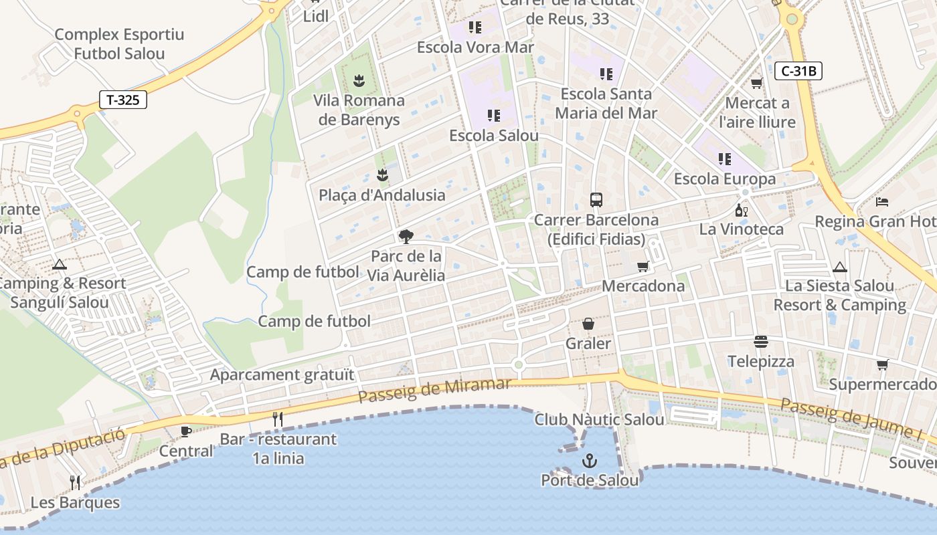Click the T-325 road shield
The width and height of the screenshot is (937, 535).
point(123,100)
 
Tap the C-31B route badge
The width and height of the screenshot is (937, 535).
point(798,71)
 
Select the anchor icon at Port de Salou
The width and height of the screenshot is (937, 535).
point(590,460)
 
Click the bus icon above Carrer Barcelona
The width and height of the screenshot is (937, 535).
point(596,199)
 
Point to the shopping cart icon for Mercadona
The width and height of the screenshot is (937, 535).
point(643,267)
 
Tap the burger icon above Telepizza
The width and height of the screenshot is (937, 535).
point(761,342)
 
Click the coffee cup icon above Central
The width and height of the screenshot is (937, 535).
point(186,431)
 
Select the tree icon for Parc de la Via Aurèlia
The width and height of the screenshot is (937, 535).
point(406,236)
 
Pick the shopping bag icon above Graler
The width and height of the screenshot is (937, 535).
point(588,324)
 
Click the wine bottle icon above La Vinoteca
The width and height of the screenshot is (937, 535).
point(741,210)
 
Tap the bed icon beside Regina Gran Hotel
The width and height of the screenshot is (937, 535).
point(882,201)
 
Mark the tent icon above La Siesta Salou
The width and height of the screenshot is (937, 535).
point(839,267)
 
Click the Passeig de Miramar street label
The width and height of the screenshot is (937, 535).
point(434,391)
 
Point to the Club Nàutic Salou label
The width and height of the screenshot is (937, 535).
point(599,419)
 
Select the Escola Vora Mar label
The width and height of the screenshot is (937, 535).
point(475,47)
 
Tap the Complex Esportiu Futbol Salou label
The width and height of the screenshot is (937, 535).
point(119,44)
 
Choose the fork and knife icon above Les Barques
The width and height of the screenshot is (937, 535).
point(75,482)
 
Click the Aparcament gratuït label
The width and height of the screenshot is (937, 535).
point(282,374)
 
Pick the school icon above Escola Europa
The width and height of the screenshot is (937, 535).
point(724,159)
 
